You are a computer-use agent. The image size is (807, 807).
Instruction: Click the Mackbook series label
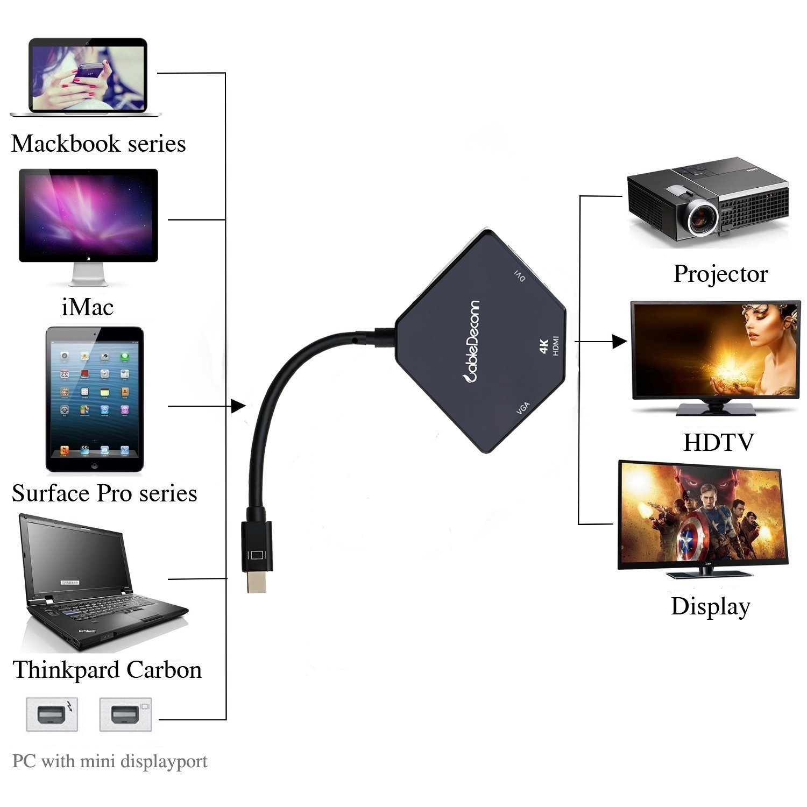(x=98, y=144)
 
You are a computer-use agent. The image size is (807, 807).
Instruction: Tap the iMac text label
(x=88, y=308)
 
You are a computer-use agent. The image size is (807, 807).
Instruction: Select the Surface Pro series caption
(x=104, y=494)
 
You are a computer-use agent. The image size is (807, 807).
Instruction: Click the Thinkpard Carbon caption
(x=107, y=670)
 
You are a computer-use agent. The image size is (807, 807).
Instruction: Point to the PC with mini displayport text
(x=110, y=762)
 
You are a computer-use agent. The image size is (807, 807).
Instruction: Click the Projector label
(x=720, y=274)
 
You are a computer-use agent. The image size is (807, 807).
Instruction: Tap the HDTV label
(x=718, y=443)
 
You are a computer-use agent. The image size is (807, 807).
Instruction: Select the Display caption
(x=710, y=606)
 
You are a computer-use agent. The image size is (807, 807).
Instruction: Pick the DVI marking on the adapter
(x=520, y=276)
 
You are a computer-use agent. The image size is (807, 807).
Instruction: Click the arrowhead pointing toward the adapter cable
(x=238, y=406)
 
